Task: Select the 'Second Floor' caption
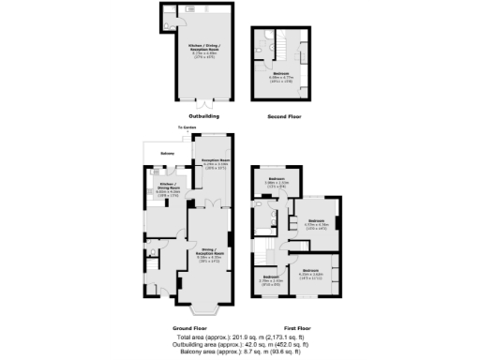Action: click(284, 117)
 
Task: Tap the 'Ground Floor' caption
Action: click(188, 328)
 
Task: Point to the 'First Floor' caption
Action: click(297, 328)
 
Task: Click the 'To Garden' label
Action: click(186, 127)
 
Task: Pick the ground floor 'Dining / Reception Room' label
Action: click(208, 255)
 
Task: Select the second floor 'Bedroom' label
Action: click(281, 77)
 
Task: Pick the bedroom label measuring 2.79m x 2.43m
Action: click(270, 279)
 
